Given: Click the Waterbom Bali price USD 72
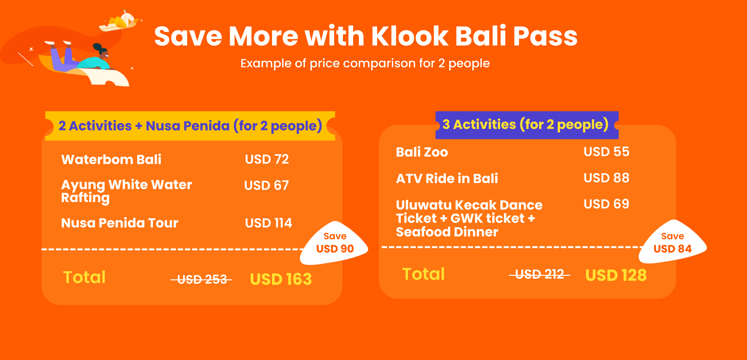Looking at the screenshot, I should click(x=267, y=159).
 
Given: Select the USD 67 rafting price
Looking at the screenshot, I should click(x=266, y=186).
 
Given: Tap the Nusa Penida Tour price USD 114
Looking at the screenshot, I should click(x=268, y=223).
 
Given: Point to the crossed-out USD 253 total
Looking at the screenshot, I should click(x=202, y=279).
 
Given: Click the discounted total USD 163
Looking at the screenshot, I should click(x=281, y=279).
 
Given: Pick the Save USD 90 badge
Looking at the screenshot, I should click(x=334, y=244).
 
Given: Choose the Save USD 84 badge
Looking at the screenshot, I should click(x=672, y=243).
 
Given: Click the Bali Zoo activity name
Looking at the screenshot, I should click(x=422, y=152).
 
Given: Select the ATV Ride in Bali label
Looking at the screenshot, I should click(x=447, y=178).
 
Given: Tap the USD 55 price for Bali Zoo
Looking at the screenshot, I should click(x=606, y=152).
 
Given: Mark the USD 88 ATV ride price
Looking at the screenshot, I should click(x=606, y=178).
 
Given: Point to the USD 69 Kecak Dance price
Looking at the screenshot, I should click(x=606, y=204).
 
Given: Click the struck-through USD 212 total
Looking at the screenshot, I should click(x=540, y=274).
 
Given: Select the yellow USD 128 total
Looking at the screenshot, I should click(x=616, y=275).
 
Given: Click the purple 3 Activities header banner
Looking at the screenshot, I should click(x=526, y=125).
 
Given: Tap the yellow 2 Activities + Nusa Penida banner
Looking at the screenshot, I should click(x=190, y=126).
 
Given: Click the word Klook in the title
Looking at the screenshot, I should click(x=409, y=37).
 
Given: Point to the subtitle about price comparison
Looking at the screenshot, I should click(x=365, y=63).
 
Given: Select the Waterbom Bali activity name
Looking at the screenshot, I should click(x=111, y=159).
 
